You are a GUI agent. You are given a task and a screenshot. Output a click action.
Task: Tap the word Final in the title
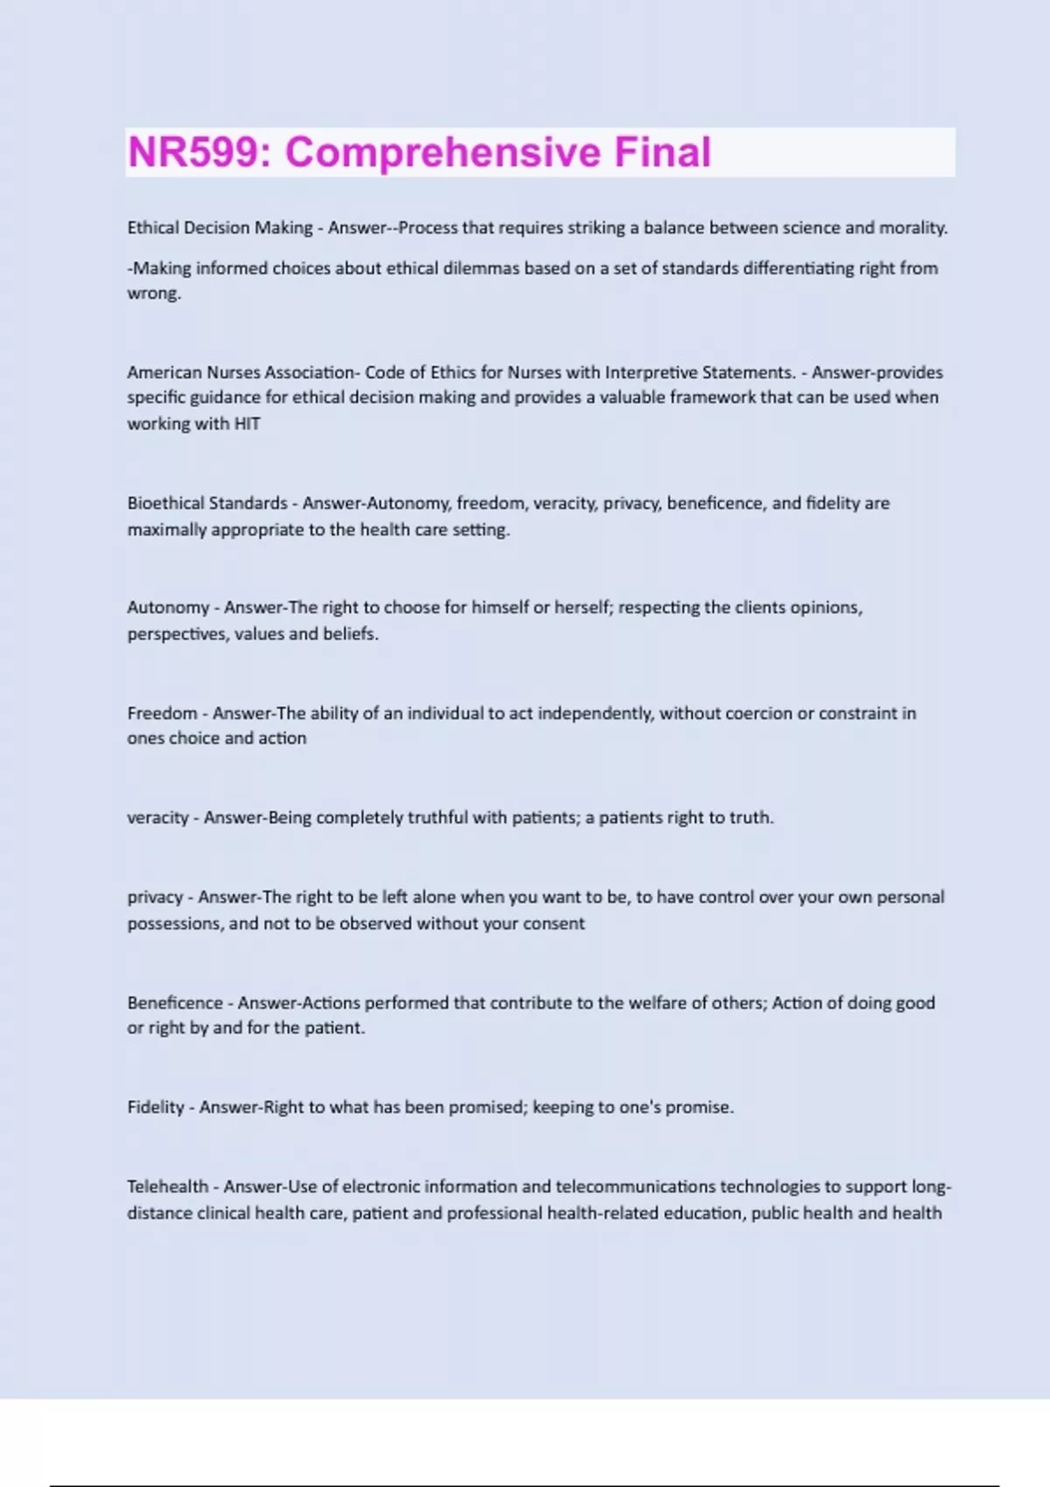click(662, 152)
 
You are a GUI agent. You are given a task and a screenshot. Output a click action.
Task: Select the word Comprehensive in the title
click(443, 152)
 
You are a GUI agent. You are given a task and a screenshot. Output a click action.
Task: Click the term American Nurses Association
click(241, 373)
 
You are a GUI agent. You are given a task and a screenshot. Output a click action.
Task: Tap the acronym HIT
click(247, 424)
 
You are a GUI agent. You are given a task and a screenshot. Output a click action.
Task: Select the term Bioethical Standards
click(207, 504)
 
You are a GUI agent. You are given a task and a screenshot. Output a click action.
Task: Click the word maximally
click(167, 530)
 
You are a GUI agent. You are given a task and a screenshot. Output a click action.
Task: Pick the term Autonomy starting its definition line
click(168, 608)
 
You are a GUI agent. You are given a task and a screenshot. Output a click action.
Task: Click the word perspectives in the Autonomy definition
click(177, 634)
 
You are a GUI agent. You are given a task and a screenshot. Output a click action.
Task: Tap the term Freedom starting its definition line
click(162, 714)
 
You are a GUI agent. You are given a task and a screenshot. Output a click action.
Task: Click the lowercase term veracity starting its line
click(157, 819)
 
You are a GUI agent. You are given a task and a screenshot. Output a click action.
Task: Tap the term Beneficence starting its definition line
click(175, 1003)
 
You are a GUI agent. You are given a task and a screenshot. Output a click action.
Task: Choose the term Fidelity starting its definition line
click(156, 1108)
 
